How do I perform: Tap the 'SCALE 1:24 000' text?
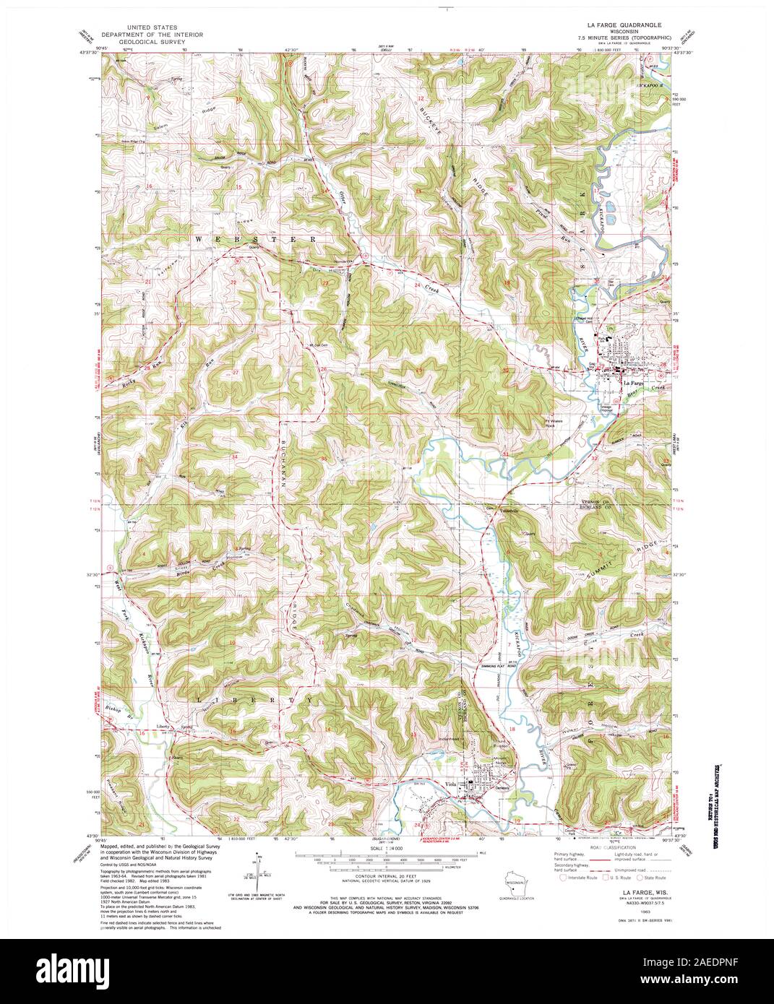[x=387, y=849]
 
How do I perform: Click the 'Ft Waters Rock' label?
[x=554, y=423]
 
